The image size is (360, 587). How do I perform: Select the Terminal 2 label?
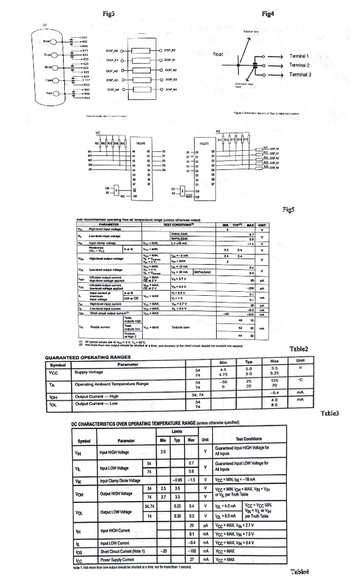tap(299, 65)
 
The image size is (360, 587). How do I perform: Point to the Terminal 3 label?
tap(299, 75)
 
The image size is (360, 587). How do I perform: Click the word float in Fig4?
tap(218, 54)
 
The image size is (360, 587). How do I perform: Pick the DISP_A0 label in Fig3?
tap(112, 50)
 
